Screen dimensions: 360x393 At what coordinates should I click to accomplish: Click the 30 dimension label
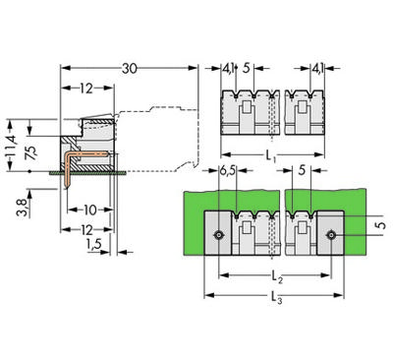pyautogui.click(x=129, y=68)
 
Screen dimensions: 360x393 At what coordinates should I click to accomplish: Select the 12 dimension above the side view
pyautogui.click(x=86, y=89)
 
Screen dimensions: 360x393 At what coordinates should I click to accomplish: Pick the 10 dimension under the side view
pyautogui.click(x=89, y=210)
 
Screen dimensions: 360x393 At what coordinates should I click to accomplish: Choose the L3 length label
pyautogui.click(x=275, y=302)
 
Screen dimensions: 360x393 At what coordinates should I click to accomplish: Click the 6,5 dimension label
pyautogui.click(x=226, y=170)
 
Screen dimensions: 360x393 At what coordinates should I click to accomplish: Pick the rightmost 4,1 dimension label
pyautogui.click(x=318, y=68)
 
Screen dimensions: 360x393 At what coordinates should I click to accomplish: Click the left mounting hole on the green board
pyautogui.click(x=218, y=234)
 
